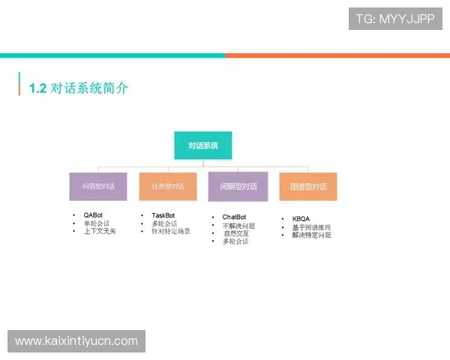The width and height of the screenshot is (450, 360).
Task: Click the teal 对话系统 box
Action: point(202,145)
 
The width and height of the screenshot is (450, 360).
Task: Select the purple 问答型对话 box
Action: point(97,186)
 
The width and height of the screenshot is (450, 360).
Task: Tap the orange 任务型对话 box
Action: point(168,186)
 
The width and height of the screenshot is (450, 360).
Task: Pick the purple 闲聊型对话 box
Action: point(238,187)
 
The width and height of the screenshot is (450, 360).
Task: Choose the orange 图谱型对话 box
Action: point(308,186)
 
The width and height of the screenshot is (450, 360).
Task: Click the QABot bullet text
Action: point(93,215)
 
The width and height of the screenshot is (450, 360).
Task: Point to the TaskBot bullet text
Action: point(163,215)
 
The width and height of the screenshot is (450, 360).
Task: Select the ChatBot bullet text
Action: point(234,217)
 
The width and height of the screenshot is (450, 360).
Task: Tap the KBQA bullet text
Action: point(300,219)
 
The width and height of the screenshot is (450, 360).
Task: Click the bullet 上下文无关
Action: point(100,231)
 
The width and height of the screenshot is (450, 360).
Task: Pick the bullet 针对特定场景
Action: point(171,231)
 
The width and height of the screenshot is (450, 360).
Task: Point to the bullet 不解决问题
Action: point(238,226)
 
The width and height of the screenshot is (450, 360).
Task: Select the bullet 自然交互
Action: point(235,233)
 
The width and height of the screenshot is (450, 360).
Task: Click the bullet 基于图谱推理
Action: point(311,227)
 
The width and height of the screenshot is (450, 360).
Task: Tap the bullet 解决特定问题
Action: point(311,235)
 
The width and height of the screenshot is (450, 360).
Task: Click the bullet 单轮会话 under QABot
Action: point(96,223)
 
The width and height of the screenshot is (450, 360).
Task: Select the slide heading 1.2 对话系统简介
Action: point(79,88)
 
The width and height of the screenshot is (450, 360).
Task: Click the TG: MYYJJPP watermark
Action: point(395,19)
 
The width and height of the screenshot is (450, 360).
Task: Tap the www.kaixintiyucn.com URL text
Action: point(76,341)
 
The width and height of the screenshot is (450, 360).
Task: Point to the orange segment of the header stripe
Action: point(337,54)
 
